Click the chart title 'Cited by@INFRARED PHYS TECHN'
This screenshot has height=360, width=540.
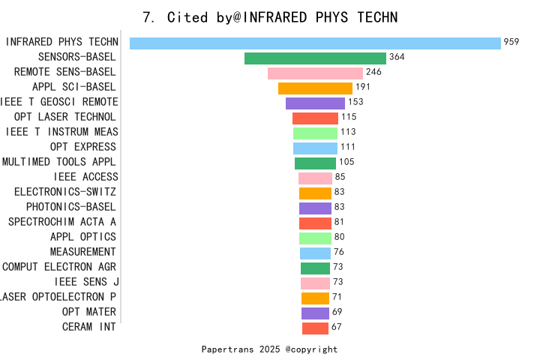click(270, 16)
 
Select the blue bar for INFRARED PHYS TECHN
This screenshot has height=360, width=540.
click(315, 43)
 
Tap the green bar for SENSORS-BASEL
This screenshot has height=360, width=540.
click(315, 58)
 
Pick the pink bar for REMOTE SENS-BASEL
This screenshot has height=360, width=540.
click(315, 73)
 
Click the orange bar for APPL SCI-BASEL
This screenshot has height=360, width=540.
click(315, 88)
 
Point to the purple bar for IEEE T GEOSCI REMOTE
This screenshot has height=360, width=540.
click(315, 103)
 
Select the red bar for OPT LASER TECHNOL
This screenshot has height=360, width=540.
click(315, 118)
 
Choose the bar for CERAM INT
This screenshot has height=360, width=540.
click(315, 328)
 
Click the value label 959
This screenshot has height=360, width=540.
click(511, 42)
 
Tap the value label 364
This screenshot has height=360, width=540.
click(397, 57)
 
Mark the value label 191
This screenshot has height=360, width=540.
click(364, 87)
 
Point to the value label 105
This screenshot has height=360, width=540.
click(346, 162)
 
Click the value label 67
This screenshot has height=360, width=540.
click(336, 327)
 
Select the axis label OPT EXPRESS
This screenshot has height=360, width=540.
click(83, 147)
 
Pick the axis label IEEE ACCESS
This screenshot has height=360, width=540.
click(85, 177)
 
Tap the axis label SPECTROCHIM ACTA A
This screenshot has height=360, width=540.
click(62, 222)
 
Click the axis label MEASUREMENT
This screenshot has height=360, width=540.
click(83, 252)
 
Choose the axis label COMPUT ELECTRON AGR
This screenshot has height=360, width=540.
click(59, 267)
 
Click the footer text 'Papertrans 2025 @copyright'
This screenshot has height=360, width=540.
click(269, 349)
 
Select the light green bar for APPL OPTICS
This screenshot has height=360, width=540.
click(315, 238)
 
